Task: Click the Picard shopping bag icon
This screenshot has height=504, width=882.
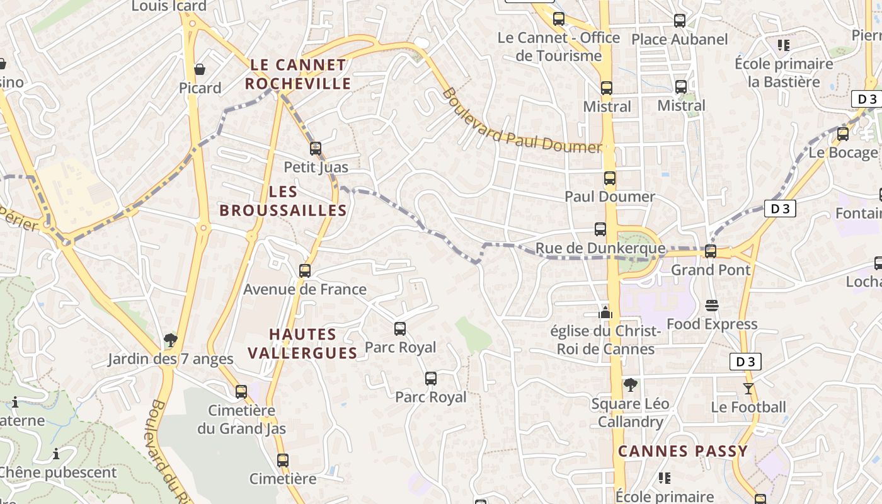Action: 200,69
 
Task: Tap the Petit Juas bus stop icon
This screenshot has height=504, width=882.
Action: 316,149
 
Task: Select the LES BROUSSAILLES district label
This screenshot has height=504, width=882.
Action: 283,201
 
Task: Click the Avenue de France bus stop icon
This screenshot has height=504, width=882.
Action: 305,271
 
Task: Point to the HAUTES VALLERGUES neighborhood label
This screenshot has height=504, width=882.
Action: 302,343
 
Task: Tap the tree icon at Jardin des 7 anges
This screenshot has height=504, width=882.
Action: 170,341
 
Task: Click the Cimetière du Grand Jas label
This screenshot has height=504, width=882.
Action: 241,420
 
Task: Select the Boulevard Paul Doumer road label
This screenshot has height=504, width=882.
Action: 521,121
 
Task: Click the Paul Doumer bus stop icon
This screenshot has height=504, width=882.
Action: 609,178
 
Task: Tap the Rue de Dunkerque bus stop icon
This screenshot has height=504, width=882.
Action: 600,229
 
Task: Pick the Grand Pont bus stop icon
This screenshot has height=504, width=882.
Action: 711,251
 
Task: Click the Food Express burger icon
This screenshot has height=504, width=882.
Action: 712,306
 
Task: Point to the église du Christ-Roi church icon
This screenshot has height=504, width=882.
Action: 605,312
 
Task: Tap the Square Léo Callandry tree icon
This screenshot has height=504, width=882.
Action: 630,384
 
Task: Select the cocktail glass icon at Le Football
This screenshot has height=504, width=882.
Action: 748,388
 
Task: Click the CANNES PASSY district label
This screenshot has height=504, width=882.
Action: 682,451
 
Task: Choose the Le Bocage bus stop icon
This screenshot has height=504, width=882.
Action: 843,134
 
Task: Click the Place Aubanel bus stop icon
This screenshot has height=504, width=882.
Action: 680,21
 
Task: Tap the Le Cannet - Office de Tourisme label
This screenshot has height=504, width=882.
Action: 559,47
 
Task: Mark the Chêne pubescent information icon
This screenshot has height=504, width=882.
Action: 56,454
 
